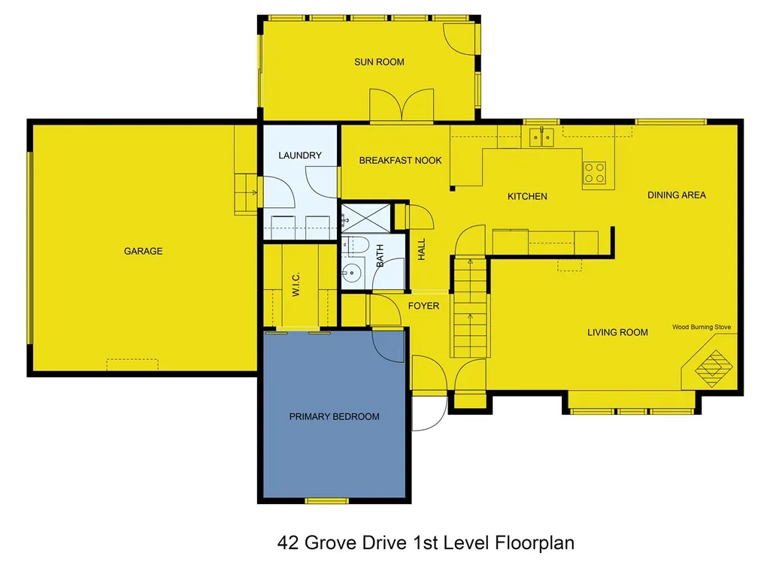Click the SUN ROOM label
(379, 62)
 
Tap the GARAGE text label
(143, 251)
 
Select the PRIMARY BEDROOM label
(335, 416)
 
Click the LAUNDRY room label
(299, 156)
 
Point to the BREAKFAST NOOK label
(400, 160)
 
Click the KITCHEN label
(527, 196)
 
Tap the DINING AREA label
(677, 195)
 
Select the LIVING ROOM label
(617, 332)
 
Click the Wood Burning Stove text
(701, 328)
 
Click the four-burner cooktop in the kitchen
(595, 173)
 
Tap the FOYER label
(423, 306)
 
